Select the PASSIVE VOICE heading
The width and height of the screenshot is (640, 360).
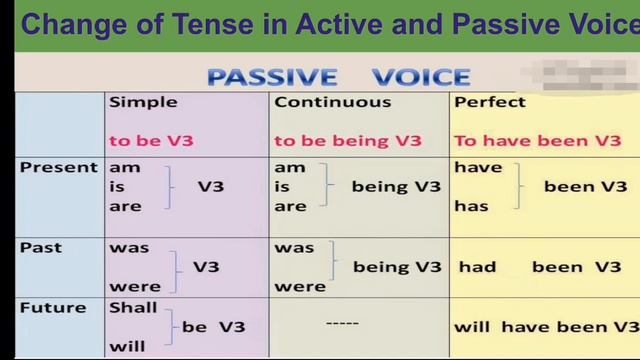pyautogui.click(x=338, y=76)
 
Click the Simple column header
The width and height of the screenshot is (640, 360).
pyautogui.click(x=143, y=102)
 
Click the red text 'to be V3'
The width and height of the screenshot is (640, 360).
pyautogui.click(x=150, y=141)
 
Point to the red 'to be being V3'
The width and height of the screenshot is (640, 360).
pyautogui.click(x=348, y=141)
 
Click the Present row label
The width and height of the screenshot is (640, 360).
pyautogui.click(x=59, y=168)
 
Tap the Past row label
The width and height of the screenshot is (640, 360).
pyautogui.click(x=41, y=246)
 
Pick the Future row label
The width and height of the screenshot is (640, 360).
pyautogui.click(x=53, y=307)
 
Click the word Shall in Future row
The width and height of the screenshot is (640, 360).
pyautogui.click(x=133, y=307)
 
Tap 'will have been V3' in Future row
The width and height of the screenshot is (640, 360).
pyautogui.click(x=546, y=327)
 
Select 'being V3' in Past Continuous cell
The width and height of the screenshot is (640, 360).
pyautogui.click(x=396, y=267)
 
